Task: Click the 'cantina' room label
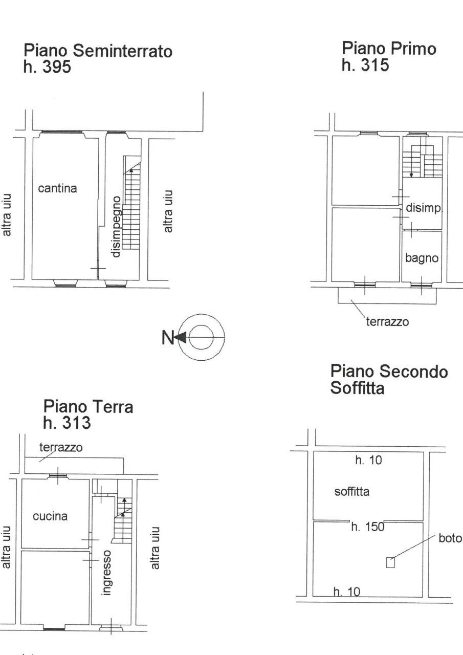tap(57, 188)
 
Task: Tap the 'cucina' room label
tap(50, 516)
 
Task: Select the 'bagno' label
tap(422, 258)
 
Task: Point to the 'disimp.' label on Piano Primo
tap(423, 208)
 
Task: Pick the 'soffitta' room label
tap(351, 492)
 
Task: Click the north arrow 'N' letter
tap(168, 337)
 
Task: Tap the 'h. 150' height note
tap(367, 527)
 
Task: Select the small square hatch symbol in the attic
tap(390, 562)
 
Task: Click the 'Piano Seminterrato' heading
tap(98, 51)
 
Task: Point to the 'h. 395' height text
tap(47, 67)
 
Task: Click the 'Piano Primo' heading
tap(389, 49)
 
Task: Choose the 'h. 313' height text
tap(67, 423)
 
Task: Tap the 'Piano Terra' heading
tap(88, 407)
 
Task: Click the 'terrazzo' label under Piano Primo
tap(387, 322)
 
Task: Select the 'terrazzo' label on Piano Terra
tap(61, 447)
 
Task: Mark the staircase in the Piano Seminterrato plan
tap(131, 205)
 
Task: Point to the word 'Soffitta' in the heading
tap(357, 388)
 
